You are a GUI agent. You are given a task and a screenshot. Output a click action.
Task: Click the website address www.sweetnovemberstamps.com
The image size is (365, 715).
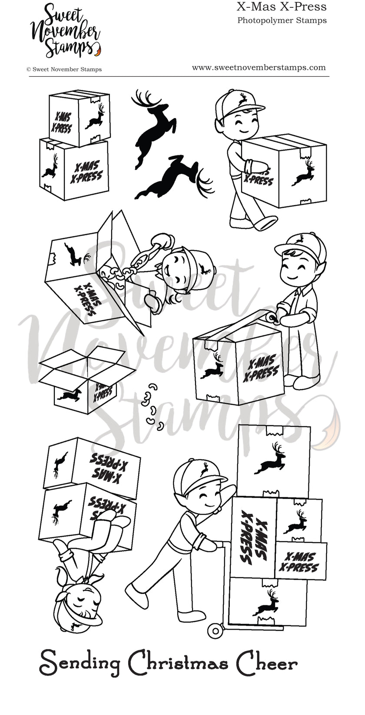[259, 67]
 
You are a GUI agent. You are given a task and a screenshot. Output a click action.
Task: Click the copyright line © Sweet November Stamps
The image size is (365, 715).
[64, 69]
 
